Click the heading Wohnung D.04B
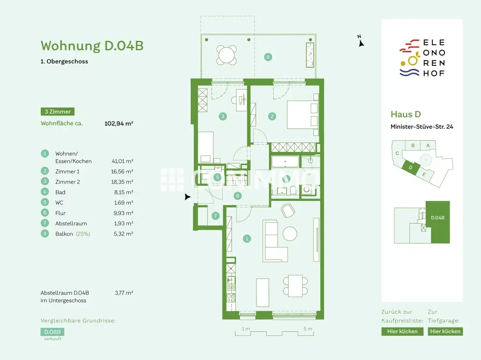pyautogui.click(x=92, y=46)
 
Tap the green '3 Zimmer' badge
pyautogui.click(x=57, y=112)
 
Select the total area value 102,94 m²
pyautogui.click(x=118, y=124)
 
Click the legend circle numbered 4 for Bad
pyautogui.click(x=45, y=192)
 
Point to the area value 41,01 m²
pyautogui.click(x=122, y=161)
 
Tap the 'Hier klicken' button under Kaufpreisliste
pyautogui.click(x=402, y=331)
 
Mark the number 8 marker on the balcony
pyautogui.click(x=268, y=57)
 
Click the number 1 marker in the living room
pyautogui.click(x=247, y=238)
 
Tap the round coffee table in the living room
pyautogui.click(x=291, y=234)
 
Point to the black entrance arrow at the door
pyautogui.click(x=188, y=197)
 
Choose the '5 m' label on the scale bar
pyautogui.click(x=307, y=329)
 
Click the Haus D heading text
pyautogui.click(x=405, y=114)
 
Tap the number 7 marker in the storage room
pyautogui.click(x=215, y=216)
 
